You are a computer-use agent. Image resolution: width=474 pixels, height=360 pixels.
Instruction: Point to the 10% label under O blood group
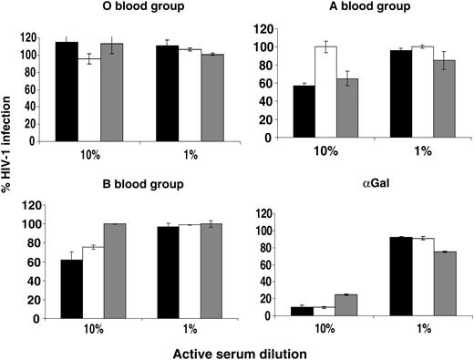(88, 155)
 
